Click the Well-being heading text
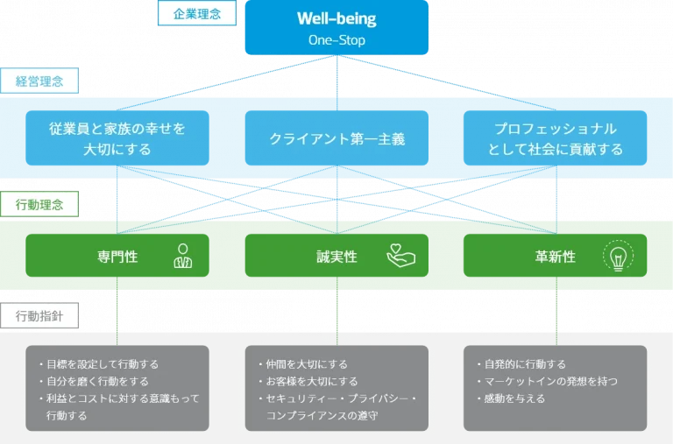tap(336, 19)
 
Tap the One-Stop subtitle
tap(336, 40)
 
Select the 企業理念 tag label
tap(197, 13)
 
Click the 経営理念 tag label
tap(39, 81)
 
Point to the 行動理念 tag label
tap(39, 205)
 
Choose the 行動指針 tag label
tap(39, 315)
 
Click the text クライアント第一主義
tap(336, 139)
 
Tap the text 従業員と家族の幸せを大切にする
tap(117, 139)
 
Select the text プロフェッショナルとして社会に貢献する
tap(556, 139)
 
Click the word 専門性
tap(117, 257)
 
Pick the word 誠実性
tap(336, 257)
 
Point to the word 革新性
tap(556, 257)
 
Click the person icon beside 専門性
tap(182, 256)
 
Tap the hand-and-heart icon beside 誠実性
tap(400, 256)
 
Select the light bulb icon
tap(618, 257)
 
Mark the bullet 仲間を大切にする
tap(306, 364)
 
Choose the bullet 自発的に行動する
tap(524, 364)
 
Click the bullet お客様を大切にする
tap(311, 382)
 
